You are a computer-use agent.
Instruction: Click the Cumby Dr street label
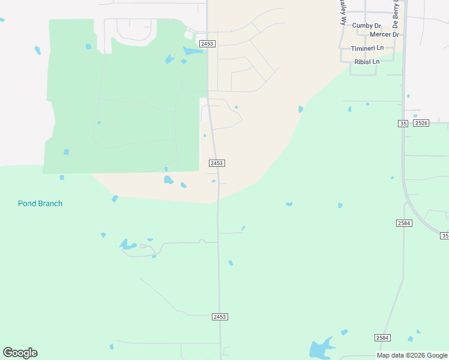(x=366, y=26)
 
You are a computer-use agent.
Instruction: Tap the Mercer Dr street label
(x=384, y=35)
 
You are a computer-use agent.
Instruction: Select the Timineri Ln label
(x=367, y=48)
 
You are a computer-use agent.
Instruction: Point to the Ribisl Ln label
(x=367, y=62)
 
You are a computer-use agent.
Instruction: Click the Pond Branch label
(x=40, y=203)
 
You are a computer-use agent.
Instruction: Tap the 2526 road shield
(x=421, y=123)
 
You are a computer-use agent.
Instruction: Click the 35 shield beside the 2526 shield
(x=403, y=123)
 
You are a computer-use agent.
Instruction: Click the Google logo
(x=20, y=352)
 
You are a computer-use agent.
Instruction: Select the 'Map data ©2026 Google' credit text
(x=412, y=355)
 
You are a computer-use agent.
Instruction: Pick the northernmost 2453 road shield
(x=207, y=44)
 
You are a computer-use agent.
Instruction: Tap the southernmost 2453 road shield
(x=220, y=316)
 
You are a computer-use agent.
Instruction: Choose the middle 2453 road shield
(x=217, y=163)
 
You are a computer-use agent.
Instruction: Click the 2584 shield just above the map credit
(x=382, y=338)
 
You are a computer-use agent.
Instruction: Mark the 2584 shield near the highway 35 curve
(x=404, y=223)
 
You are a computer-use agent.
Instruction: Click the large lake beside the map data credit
(x=320, y=349)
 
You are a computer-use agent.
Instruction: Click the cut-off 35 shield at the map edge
(x=445, y=236)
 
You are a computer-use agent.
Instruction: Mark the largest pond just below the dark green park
(x=169, y=179)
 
